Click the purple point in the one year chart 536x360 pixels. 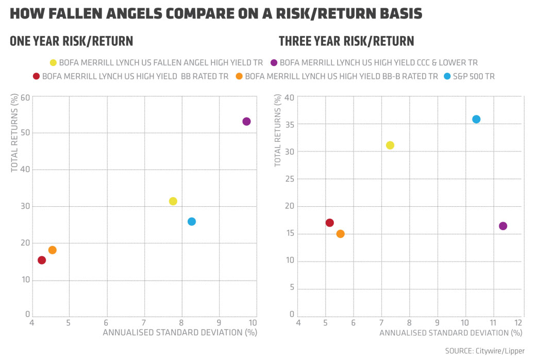(x=246, y=121)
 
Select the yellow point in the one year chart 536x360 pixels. (x=173, y=201)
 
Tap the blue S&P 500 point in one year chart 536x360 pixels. (x=192, y=221)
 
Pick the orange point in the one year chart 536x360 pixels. (x=52, y=250)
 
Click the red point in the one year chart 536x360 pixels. (x=42, y=260)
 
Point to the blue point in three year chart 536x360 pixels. (x=476, y=119)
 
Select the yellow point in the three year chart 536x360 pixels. (x=390, y=145)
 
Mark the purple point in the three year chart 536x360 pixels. (x=503, y=226)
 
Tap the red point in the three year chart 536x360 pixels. (x=330, y=223)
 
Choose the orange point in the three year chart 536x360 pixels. (x=340, y=234)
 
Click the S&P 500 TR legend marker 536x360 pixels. (x=447, y=76)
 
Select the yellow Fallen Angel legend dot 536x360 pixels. (x=53, y=63)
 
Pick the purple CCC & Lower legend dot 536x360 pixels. (x=274, y=63)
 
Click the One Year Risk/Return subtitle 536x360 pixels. (x=71, y=41)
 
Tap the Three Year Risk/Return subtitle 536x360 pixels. (x=346, y=41)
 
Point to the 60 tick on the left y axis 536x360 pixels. (x=24, y=97)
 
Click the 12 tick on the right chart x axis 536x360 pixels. (x=519, y=323)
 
